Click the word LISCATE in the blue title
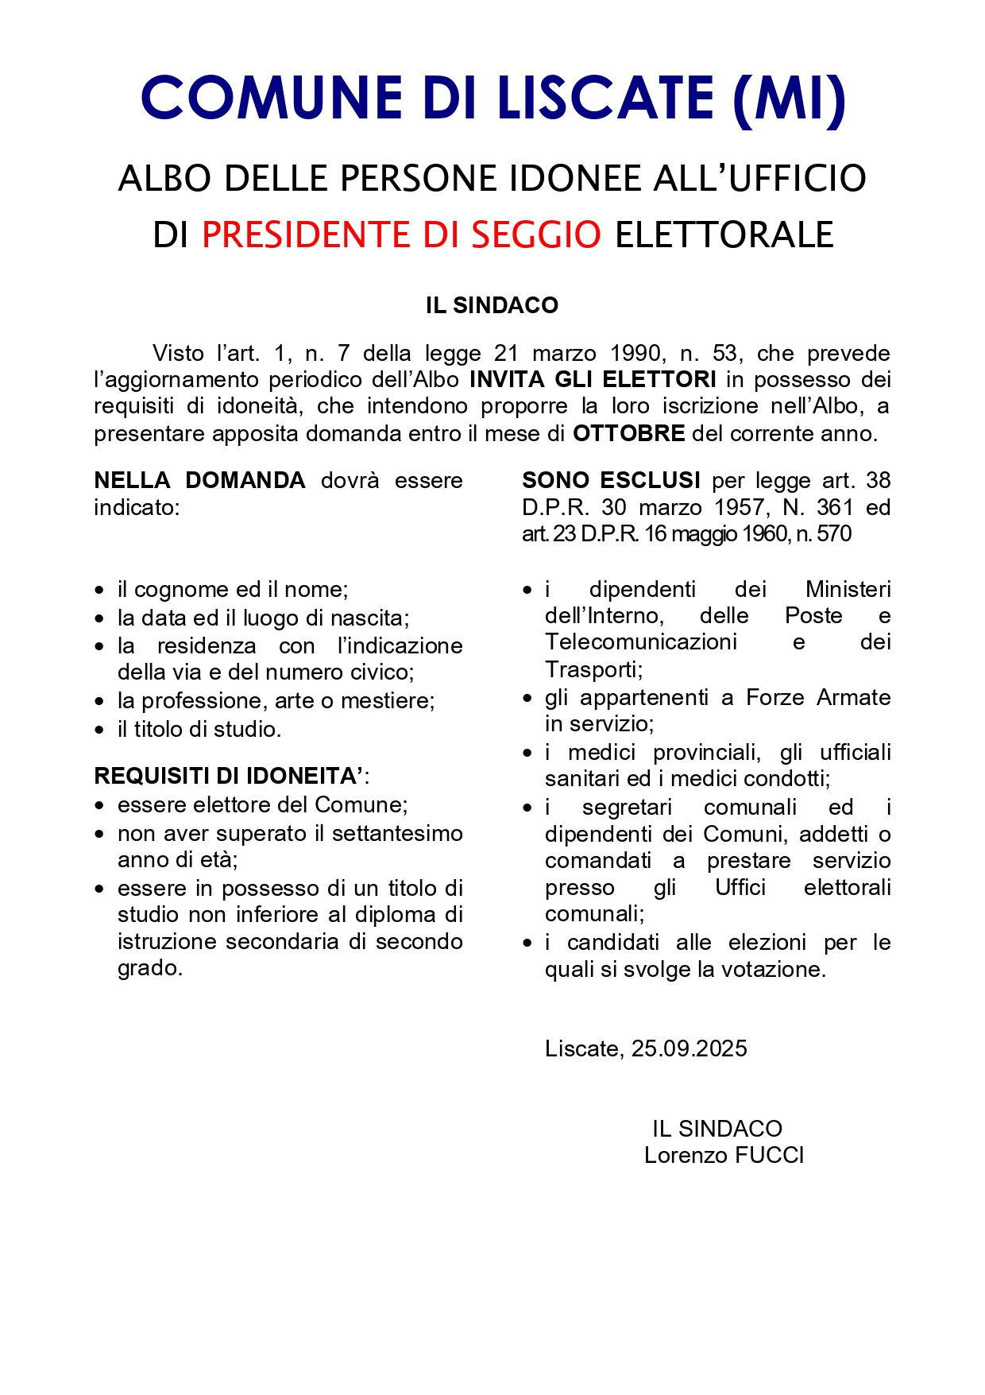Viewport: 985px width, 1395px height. tap(605, 98)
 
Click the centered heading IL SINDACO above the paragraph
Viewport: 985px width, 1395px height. tap(492, 305)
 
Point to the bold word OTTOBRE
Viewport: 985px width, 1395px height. tap(628, 433)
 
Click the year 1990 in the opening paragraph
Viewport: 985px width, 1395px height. tap(635, 353)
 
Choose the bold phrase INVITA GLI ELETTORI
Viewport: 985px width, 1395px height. tap(593, 379)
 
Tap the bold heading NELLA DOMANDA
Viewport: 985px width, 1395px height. tap(199, 480)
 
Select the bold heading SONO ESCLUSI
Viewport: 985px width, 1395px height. tap(611, 480)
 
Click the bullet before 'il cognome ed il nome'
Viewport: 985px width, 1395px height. tap(99, 591)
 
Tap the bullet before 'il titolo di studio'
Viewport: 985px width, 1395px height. tap(99, 730)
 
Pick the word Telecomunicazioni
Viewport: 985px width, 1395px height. tap(640, 642)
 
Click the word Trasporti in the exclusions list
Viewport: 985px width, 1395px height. tap(593, 669)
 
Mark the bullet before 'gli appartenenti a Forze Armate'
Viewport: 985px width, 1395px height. tap(527, 699)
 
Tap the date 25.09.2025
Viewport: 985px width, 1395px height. tap(689, 1048)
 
